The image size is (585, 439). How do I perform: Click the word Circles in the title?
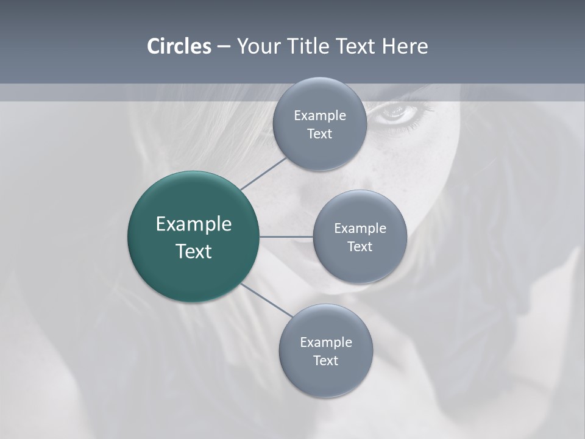tap(179, 46)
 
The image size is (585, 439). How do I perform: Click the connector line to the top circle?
tap(264, 173)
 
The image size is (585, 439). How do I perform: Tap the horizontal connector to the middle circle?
tap(286, 237)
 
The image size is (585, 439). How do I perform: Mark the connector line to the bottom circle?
tap(266, 301)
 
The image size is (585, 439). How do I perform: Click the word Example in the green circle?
tap(194, 224)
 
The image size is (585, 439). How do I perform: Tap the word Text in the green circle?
tap(194, 251)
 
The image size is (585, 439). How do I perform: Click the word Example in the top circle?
tap(320, 116)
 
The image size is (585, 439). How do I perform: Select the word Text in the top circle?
tap(319, 134)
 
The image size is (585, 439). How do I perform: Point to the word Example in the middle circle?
tap(360, 229)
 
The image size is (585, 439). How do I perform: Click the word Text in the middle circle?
tap(360, 246)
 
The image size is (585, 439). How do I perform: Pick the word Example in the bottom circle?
tap(326, 343)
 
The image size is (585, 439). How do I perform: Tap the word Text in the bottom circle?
tap(325, 360)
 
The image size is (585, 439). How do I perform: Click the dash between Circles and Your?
tap(224, 47)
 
